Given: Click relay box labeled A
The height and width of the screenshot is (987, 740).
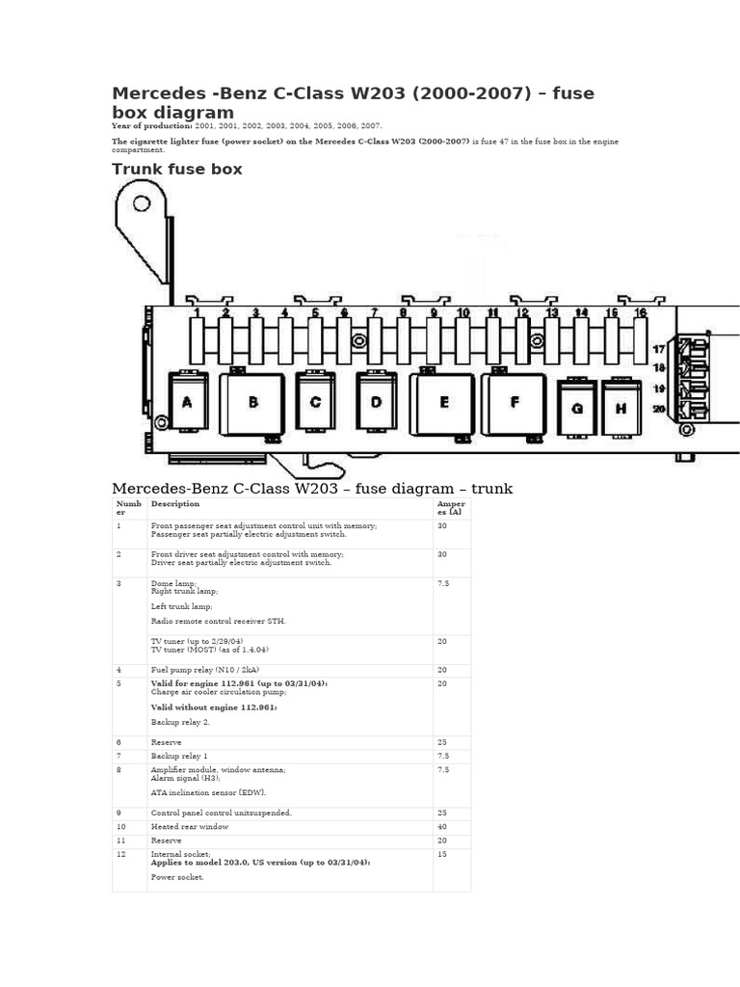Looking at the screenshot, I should pyautogui.click(x=187, y=402).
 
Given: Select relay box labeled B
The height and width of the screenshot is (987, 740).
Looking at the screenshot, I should pyautogui.click(x=252, y=403).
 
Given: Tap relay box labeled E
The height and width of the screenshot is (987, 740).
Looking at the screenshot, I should pyautogui.click(x=443, y=403).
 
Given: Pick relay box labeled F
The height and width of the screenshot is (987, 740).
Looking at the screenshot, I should pyautogui.click(x=515, y=403).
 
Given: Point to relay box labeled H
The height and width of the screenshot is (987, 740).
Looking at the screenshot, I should pyautogui.click(x=621, y=408).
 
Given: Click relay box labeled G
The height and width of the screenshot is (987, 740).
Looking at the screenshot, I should pyautogui.click(x=577, y=408).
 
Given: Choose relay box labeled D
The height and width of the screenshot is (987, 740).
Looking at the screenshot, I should pyautogui.click(x=376, y=402).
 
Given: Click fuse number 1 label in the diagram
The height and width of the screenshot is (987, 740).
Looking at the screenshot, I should pyautogui.click(x=197, y=313).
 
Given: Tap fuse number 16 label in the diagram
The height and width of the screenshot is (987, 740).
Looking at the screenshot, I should pyautogui.click(x=640, y=313).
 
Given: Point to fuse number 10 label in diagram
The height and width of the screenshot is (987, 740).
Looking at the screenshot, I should pyautogui.click(x=462, y=313).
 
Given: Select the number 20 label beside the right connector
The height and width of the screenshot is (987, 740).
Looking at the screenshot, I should pyautogui.click(x=659, y=409).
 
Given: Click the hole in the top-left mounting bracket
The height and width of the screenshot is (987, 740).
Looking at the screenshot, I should pyautogui.click(x=142, y=203).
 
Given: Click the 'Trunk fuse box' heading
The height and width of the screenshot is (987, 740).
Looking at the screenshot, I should pyautogui.click(x=176, y=170).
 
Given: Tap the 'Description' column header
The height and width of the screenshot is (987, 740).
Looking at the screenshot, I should pyautogui.click(x=175, y=504).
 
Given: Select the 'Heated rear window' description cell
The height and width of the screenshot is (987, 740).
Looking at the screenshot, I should pyautogui.click(x=190, y=827).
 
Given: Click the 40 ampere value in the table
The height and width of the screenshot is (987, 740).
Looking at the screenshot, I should pyautogui.click(x=442, y=827).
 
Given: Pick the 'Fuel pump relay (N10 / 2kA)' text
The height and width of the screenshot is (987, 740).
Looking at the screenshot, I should pyautogui.click(x=204, y=670).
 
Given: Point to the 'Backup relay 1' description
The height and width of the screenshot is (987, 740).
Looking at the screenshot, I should pyautogui.click(x=179, y=757).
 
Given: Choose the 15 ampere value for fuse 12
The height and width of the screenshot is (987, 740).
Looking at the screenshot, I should pyautogui.click(x=442, y=855).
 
